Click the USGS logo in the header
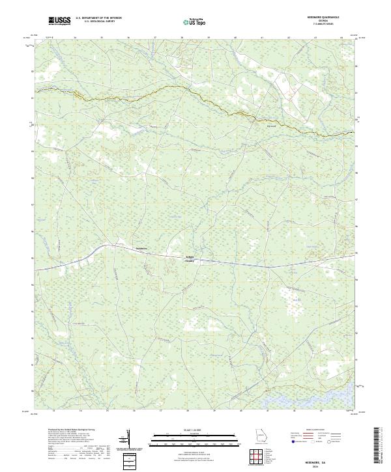pyautogui.click(x=59, y=21)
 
